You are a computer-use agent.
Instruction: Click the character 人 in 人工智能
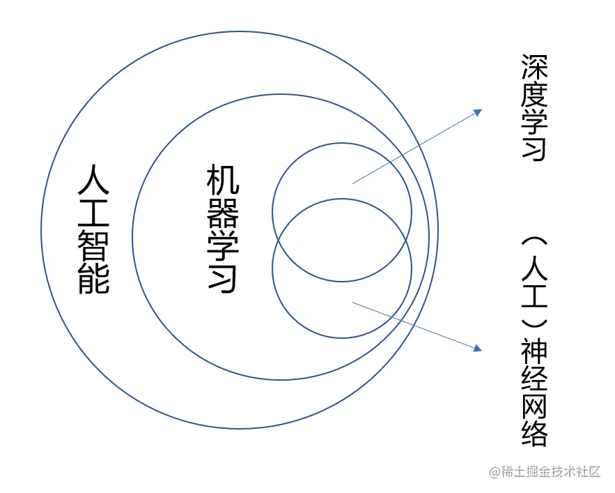click(x=93, y=183)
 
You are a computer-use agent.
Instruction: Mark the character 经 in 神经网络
click(x=534, y=379)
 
